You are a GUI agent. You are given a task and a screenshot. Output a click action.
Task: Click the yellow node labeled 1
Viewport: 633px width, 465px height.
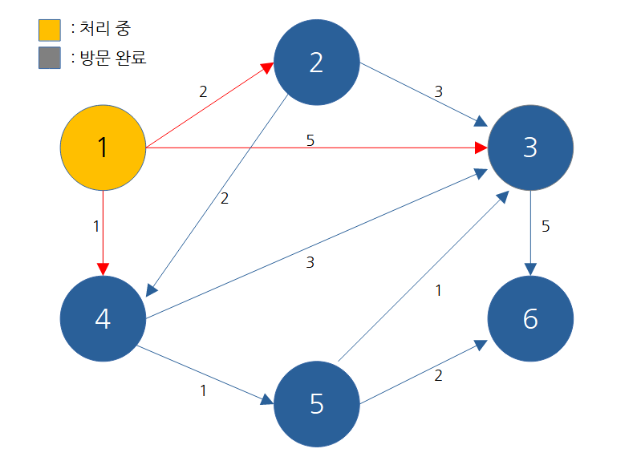coord(103,148)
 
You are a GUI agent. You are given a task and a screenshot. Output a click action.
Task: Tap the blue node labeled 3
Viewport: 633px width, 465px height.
coord(530,148)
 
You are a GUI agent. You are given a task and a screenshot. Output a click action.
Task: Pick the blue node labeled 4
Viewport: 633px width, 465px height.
coord(103,318)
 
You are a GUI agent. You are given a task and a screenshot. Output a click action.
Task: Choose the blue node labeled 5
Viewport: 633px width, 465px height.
coord(316,404)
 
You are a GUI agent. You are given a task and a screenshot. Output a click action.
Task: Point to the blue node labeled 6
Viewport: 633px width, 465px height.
coord(530,318)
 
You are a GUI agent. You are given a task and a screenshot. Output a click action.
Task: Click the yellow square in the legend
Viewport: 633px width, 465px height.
coord(50,30)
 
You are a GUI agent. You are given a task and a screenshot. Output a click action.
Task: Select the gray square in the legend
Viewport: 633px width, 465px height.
coord(50,59)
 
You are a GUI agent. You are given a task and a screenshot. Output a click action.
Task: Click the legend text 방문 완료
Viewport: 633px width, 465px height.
coord(113,58)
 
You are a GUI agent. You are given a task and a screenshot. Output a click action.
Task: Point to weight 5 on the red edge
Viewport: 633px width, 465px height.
coord(310,139)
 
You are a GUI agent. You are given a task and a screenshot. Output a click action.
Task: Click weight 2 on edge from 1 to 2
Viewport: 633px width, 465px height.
coord(203,91)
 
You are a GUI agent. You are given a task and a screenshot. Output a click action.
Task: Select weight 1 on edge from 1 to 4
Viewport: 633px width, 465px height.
coord(96,226)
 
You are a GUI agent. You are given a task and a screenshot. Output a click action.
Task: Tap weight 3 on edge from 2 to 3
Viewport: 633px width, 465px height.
coord(438,91)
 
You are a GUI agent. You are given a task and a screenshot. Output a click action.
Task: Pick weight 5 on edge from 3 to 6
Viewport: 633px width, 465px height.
coord(546,226)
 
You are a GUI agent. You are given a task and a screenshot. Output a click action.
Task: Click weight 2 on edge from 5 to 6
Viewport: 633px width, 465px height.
coord(438,375)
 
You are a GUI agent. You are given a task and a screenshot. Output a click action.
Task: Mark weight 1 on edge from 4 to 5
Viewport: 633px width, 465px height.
coord(203,391)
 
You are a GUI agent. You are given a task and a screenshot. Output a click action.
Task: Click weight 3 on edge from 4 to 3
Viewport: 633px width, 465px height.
coord(310,262)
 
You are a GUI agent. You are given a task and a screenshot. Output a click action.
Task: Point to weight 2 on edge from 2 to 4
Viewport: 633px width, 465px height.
coord(224,199)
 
